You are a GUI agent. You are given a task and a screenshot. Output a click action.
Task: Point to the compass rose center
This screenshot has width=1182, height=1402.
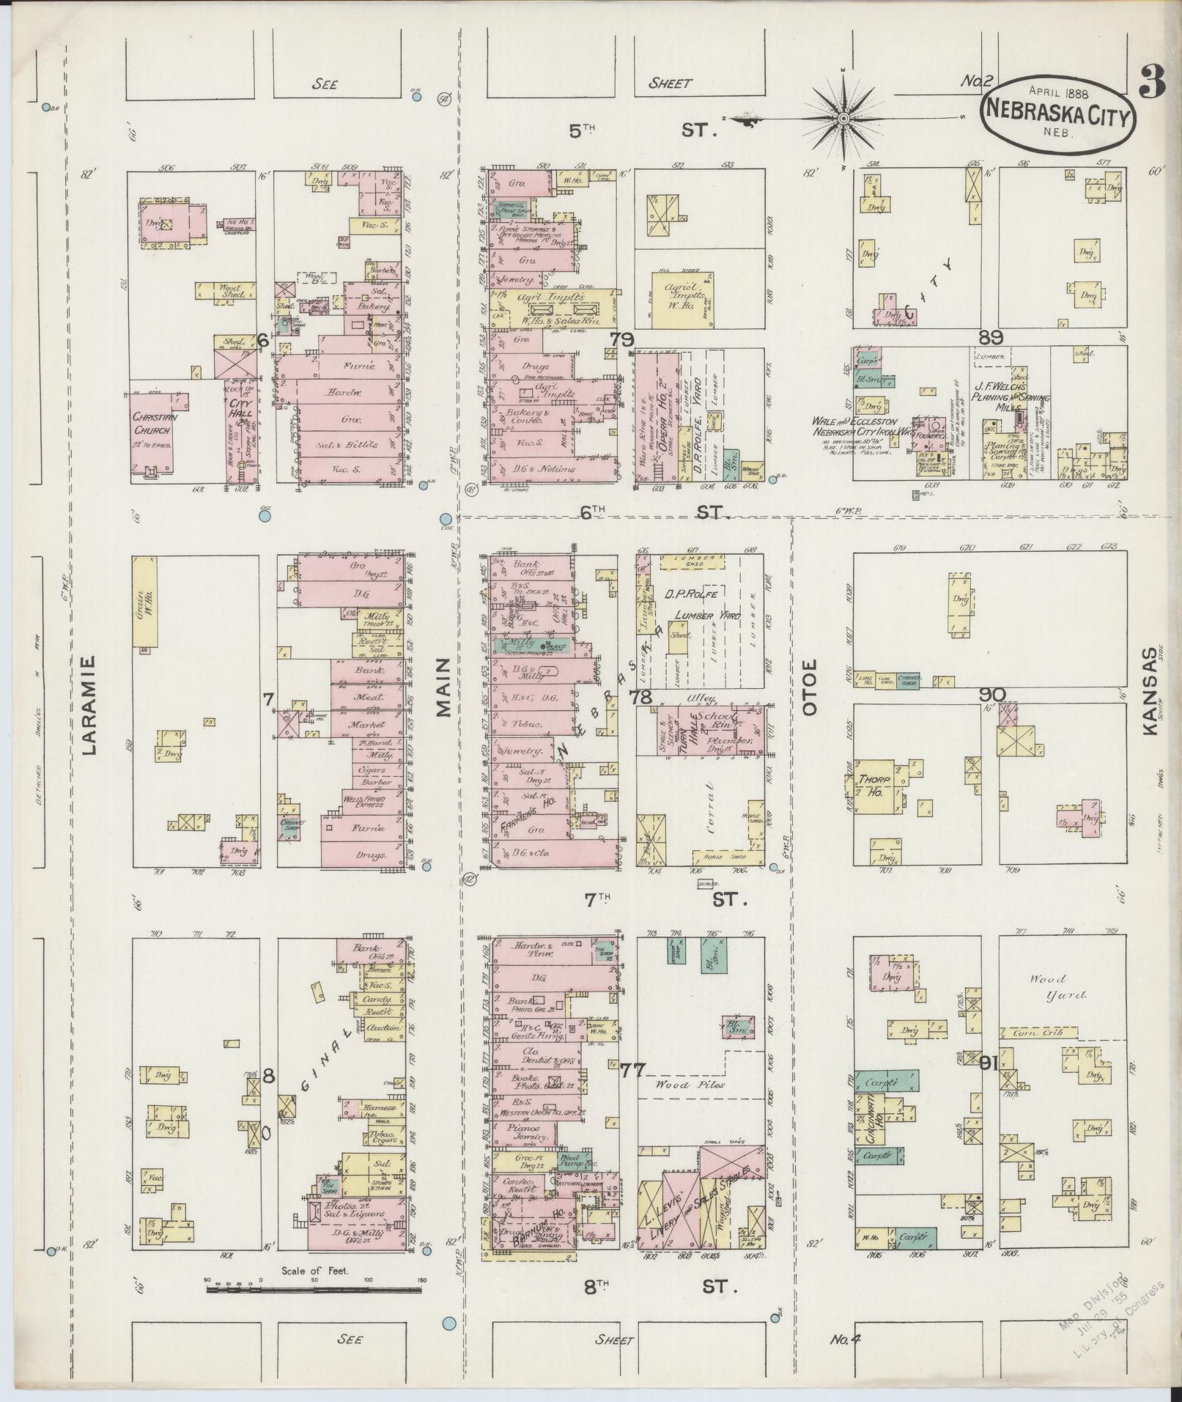click(843, 118)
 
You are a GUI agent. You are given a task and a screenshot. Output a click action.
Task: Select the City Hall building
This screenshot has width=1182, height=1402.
click(237, 432)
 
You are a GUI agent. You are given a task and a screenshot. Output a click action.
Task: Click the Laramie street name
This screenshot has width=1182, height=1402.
click(89, 704)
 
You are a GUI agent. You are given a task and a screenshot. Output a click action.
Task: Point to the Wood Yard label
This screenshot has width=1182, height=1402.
click(1048, 986)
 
